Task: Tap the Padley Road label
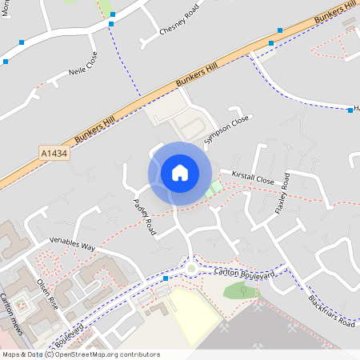click(144, 217)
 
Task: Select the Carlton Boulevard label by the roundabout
click(245, 274)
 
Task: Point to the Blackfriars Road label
click(330, 311)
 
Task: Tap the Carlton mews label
click(13, 312)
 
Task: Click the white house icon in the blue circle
click(180, 173)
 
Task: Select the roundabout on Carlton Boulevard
click(191, 267)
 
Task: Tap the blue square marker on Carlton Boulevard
click(165, 278)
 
